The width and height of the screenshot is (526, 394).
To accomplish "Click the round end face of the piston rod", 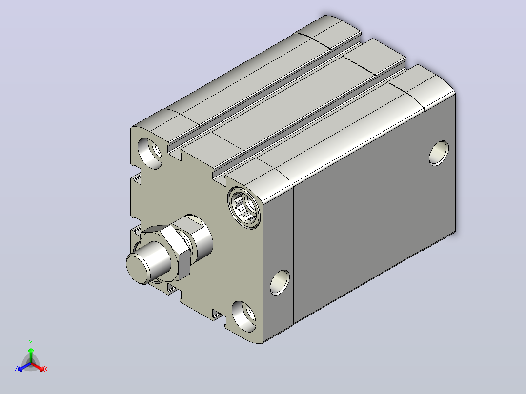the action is (x=138, y=269).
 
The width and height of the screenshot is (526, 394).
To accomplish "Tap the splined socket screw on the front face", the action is (x=244, y=208).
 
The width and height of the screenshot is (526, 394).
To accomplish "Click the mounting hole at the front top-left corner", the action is (x=150, y=154).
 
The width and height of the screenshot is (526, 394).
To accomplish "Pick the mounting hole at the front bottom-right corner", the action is (x=244, y=316).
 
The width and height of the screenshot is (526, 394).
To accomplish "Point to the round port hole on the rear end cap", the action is (x=439, y=153).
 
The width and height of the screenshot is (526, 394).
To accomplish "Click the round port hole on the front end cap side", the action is (x=280, y=282).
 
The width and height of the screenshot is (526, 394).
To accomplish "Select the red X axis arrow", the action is (x=38, y=367).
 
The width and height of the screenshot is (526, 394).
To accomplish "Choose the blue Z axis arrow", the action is (x=24, y=367).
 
